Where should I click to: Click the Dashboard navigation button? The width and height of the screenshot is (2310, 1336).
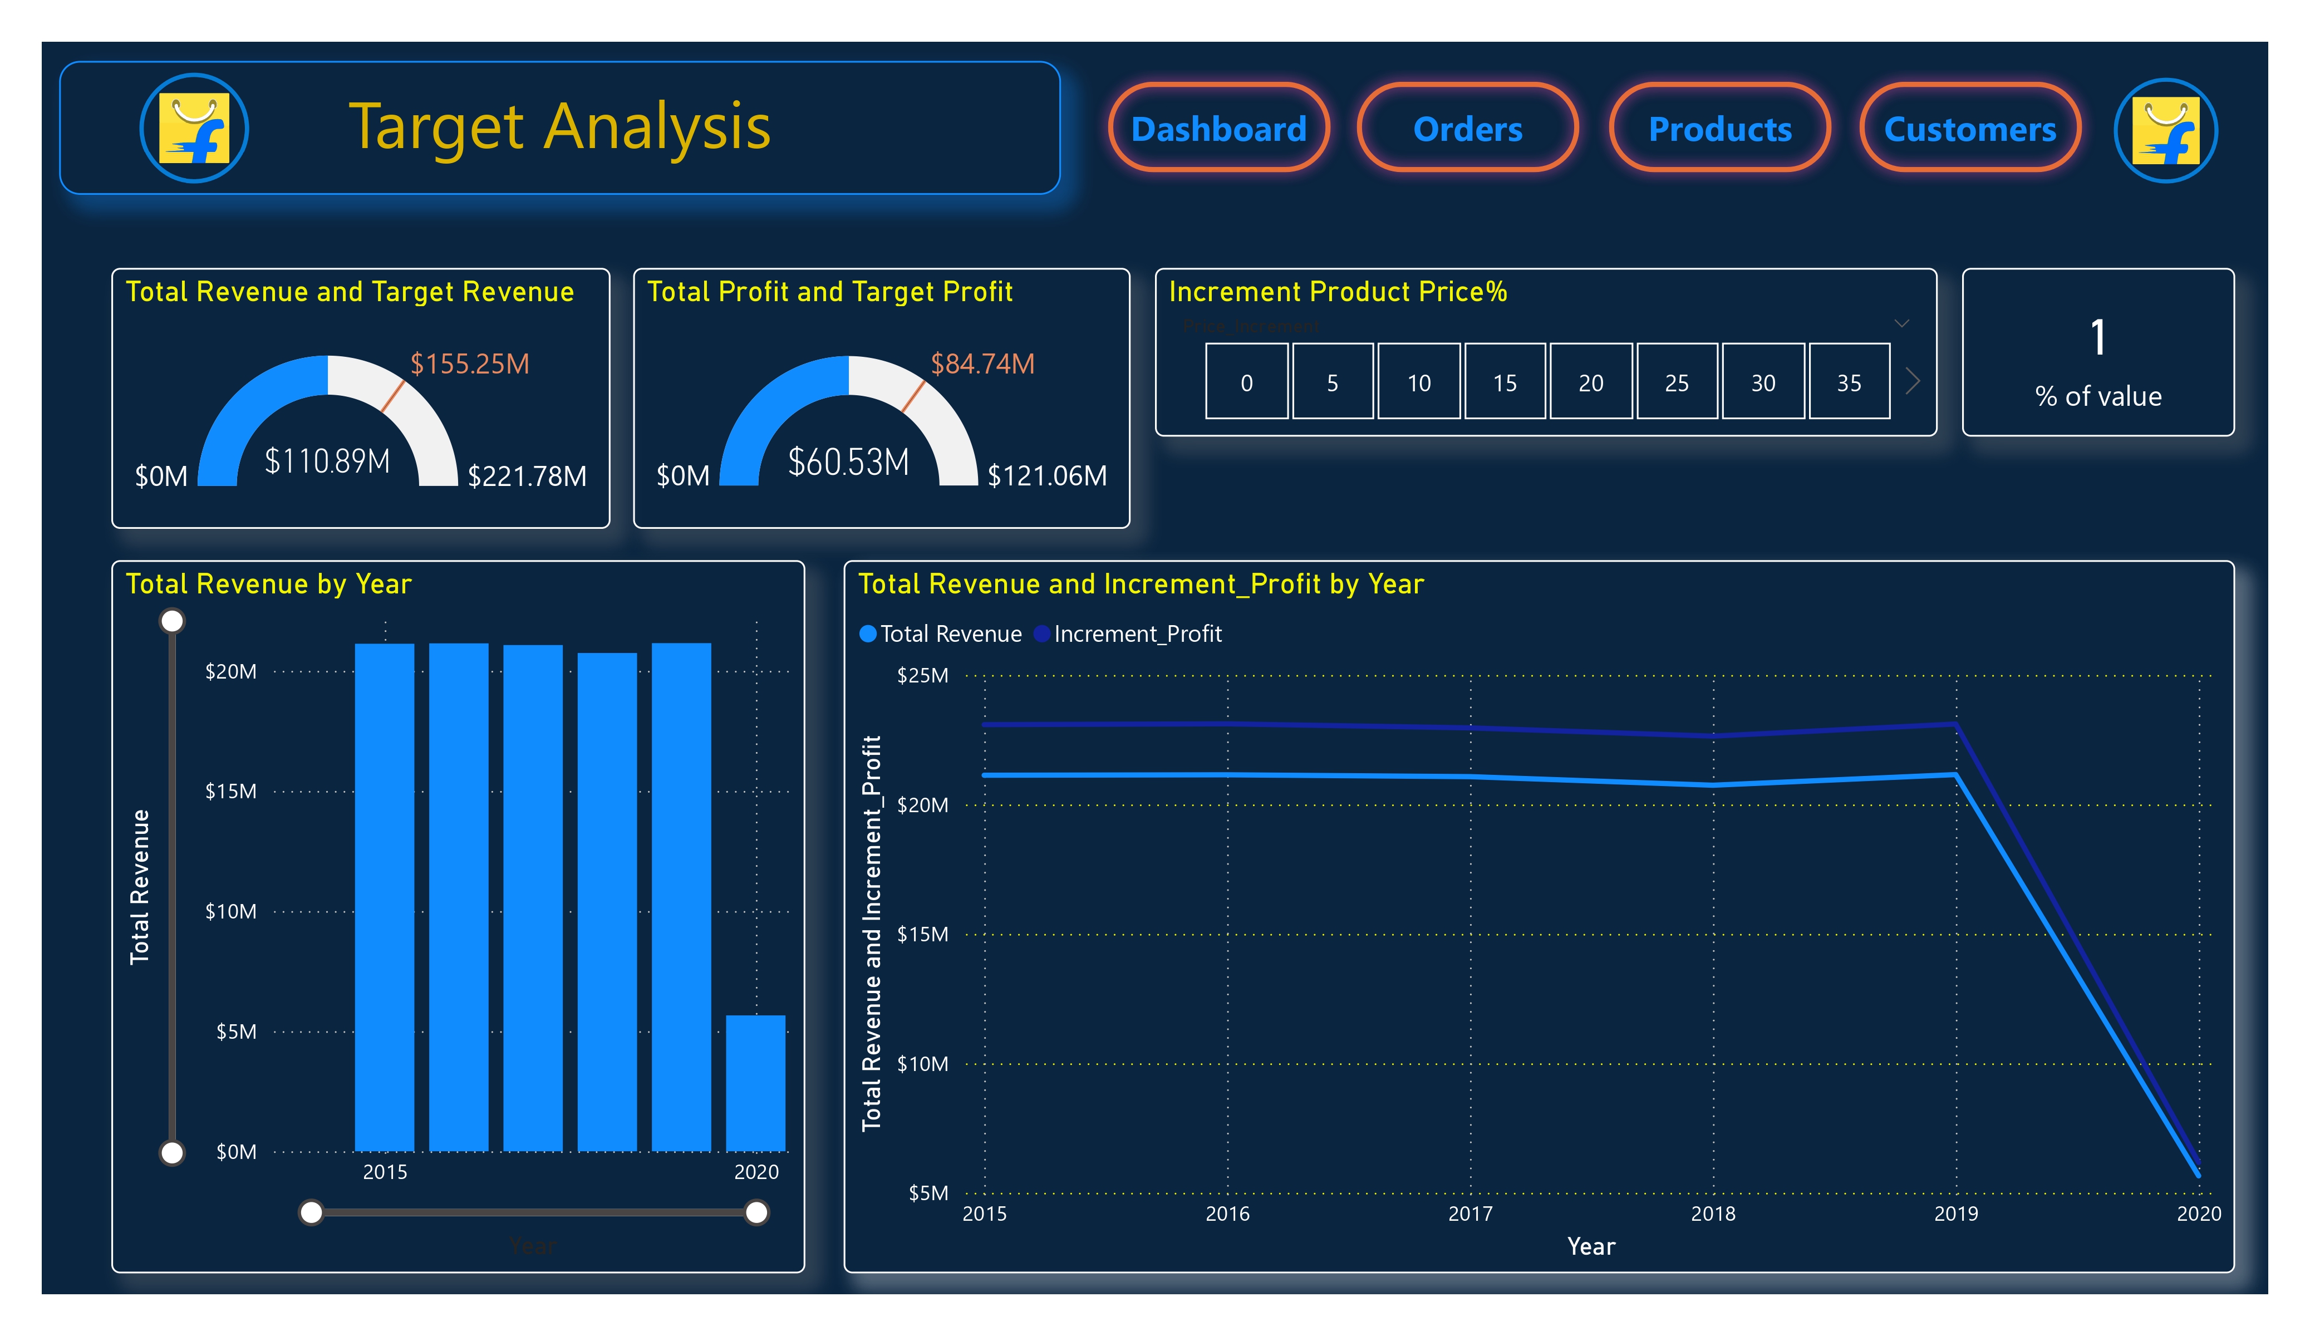coord(1218,129)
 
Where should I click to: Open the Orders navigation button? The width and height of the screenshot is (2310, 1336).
coord(1468,129)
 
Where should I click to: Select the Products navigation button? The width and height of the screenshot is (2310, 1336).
coord(1719,129)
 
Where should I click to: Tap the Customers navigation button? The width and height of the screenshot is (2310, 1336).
coord(1970,129)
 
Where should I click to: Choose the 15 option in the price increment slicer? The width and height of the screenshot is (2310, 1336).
coord(1504,382)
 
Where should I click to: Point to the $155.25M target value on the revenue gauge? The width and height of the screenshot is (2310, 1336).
coord(469,364)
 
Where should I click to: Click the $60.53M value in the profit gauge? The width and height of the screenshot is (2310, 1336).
coord(849,462)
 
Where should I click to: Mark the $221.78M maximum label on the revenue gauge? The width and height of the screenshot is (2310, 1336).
coord(527,476)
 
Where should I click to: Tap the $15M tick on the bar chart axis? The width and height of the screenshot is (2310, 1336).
coord(231,792)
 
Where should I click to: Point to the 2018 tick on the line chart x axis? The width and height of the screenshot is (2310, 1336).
coord(1712,1213)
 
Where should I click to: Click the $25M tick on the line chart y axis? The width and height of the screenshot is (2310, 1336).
coord(922,676)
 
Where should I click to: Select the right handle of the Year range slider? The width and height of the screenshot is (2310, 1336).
coord(756,1212)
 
